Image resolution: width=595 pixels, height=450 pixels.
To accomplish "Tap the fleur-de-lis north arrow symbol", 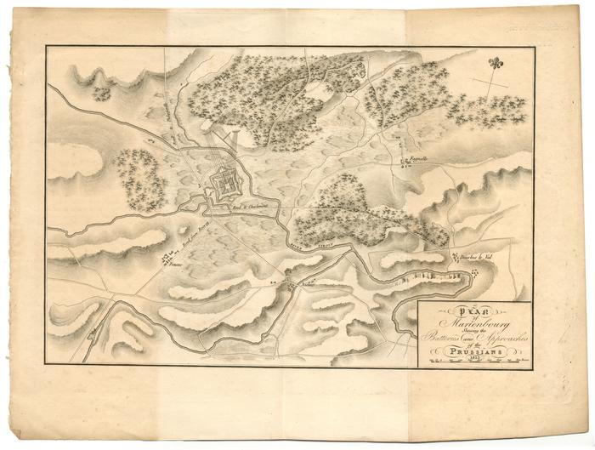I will coord(495,63).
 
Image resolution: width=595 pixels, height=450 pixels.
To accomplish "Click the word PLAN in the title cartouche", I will coord(475,309).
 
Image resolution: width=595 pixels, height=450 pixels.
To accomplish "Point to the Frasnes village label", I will coord(178,266).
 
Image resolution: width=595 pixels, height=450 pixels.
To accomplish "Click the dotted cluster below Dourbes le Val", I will coord(473,271).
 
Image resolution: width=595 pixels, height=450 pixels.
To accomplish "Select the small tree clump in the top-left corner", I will coord(102,92).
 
